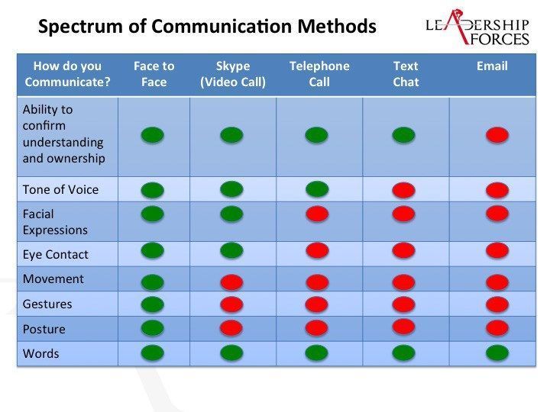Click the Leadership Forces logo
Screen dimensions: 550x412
477,27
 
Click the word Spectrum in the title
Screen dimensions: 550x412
80,26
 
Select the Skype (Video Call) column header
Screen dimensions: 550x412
233,74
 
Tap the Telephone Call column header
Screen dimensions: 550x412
319,74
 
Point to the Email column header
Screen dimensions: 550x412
492,66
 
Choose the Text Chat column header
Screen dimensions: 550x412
406,74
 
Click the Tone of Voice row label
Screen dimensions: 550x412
60,189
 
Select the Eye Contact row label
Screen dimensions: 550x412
56,254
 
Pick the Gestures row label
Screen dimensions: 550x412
47,304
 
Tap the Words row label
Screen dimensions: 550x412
40,353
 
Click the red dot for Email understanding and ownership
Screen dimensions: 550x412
497,135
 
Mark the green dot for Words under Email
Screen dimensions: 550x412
497,352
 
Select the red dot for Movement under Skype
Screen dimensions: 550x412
231,282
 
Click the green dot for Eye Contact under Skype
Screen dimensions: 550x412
231,251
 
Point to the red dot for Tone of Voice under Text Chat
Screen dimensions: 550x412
404,190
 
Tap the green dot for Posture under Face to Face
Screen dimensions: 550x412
153,328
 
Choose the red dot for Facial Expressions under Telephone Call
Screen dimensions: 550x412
317,214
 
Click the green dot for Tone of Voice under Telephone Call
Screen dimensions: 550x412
317,189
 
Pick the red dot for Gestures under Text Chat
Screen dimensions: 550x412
404,304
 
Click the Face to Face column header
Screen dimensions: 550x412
154,74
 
